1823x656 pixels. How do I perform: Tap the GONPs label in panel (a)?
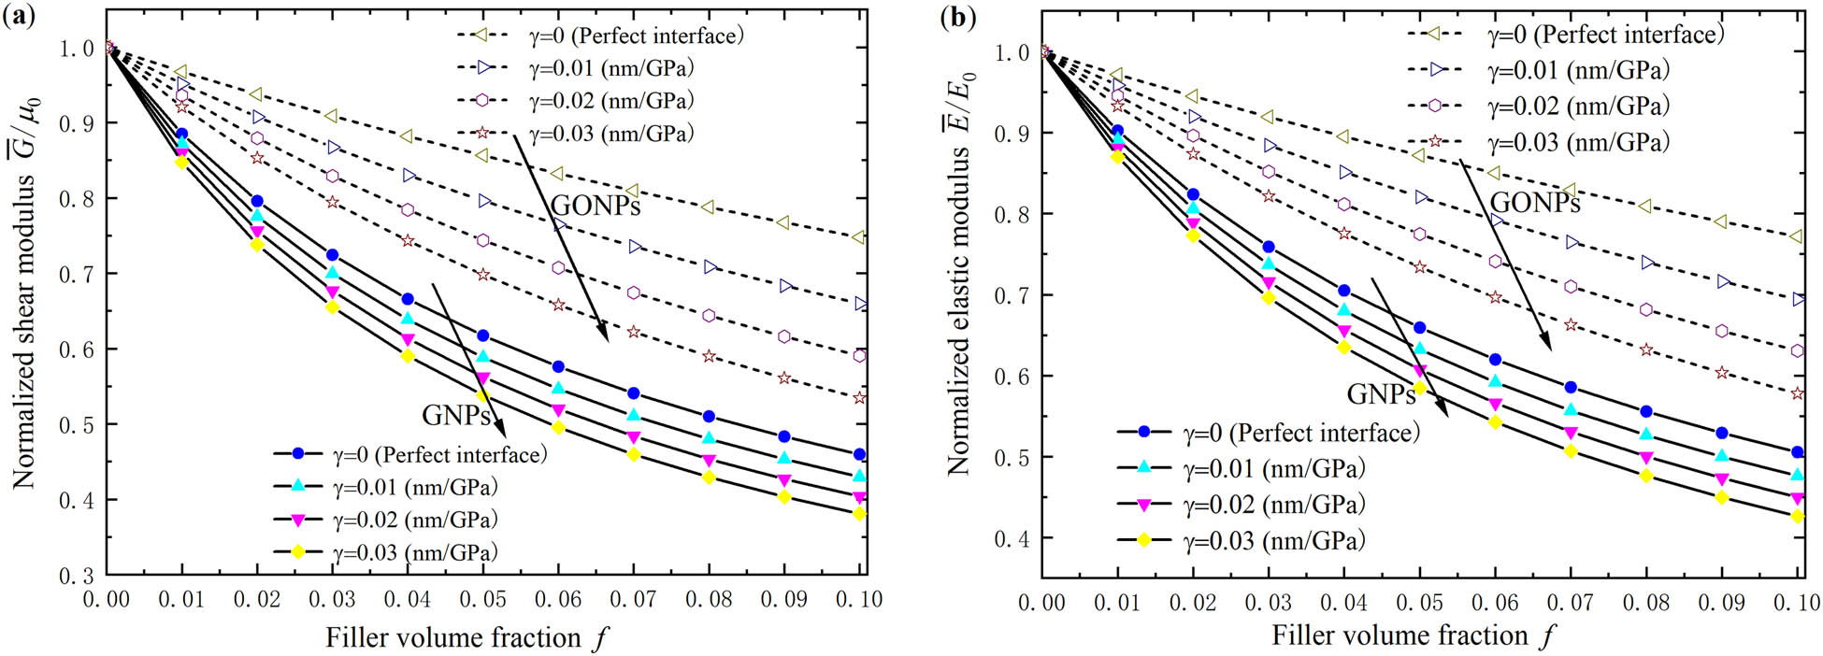point(595,206)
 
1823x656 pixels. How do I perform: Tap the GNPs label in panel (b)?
point(1380,394)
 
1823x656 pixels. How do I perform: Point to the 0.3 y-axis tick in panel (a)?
point(78,576)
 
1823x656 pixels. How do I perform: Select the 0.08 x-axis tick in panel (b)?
point(1645,603)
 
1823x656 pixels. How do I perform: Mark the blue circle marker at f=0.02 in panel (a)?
point(257,201)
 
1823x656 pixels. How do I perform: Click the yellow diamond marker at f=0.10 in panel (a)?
point(859,514)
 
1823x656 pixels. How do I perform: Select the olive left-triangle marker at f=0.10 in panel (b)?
point(1797,237)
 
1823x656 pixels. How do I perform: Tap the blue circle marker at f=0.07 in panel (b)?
point(1571,387)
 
